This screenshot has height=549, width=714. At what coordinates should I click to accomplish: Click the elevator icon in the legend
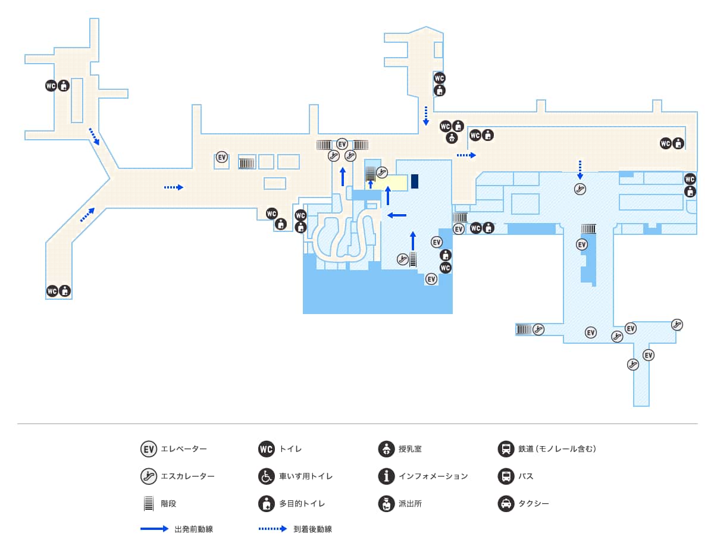pos(149,449)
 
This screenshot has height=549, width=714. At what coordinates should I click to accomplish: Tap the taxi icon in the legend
pos(506,504)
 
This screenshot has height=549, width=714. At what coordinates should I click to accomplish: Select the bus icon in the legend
pos(506,476)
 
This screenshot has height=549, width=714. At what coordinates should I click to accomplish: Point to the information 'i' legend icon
pos(386,476)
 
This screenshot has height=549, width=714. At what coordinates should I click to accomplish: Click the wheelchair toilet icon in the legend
pos(267,476)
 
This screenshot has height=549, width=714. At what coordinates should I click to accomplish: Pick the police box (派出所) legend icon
pos(386,504)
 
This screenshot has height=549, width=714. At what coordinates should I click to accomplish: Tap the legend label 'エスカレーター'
pos(187,476)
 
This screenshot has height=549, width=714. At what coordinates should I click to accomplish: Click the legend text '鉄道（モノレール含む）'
pos(557,449)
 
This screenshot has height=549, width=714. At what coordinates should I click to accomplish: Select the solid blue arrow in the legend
pos(155,529)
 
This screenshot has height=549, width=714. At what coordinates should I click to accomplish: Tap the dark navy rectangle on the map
pos(415,181)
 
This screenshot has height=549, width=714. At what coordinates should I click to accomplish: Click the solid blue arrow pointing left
pos(397,215)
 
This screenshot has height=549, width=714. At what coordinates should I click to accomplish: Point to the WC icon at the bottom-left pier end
pos(52,291)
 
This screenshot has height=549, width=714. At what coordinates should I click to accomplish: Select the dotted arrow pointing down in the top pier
pos(426,115)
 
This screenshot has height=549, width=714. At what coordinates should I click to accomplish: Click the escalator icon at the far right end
pos(677,325)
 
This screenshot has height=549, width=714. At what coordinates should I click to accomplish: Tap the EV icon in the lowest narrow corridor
pos(649,355)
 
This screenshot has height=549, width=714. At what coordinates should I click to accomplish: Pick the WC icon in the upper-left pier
pos(51,86)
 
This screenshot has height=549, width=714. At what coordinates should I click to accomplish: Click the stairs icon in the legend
pos(149,504)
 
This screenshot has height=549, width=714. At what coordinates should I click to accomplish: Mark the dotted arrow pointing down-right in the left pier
pos(94,136)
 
